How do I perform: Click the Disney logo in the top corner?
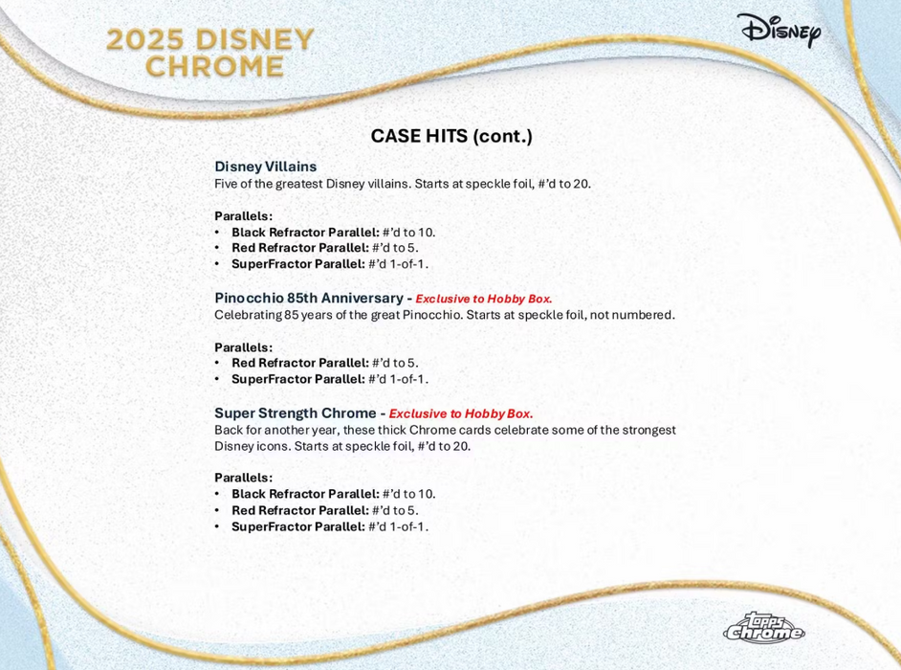pos(780,31)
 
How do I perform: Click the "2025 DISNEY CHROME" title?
pos(210,53)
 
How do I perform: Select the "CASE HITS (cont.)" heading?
pos(450,136)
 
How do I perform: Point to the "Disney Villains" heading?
pos(265,167)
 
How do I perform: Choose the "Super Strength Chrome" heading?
pos(296,413)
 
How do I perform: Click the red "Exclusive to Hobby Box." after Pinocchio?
pos(483,299)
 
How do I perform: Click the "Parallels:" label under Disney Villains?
pos(243,215)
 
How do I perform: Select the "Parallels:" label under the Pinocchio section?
pos(243,346)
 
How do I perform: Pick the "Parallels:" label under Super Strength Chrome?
pos(243,477)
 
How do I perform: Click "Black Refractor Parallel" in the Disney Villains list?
pos(305,232)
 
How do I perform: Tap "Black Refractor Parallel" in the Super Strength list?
pos(305,494)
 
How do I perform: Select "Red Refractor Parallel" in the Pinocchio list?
pos(299,363)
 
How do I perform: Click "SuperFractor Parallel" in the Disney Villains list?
pos(297,264)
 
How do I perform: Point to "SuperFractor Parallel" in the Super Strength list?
pos(297,526)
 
